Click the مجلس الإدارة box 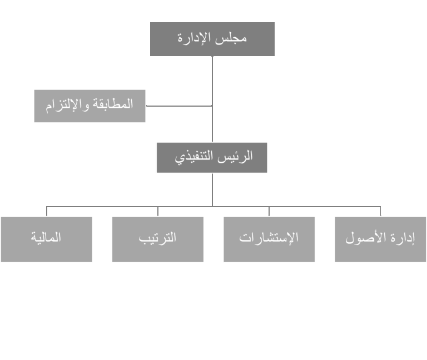click(x=212, y=39)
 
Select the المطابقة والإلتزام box click(x=90, y=106)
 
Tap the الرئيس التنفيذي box click(x=212, y=158)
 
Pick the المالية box click(x=47, y=239)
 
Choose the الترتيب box click(x=158, y=239)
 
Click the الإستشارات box click(x=269, y=239)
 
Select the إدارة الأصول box click(x=380, y=239)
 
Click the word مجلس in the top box click(x=231, y=38)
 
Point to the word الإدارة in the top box click(x=195, y=38)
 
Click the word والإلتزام click(x=67, y=105)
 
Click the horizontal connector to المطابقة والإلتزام click(x=179, y=106)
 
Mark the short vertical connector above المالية click(x=47, y=212)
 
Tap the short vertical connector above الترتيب click(x=158, y=212)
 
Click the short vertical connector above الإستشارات click(x=269, y=212)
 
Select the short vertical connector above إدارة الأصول click(x=380, y=212)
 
